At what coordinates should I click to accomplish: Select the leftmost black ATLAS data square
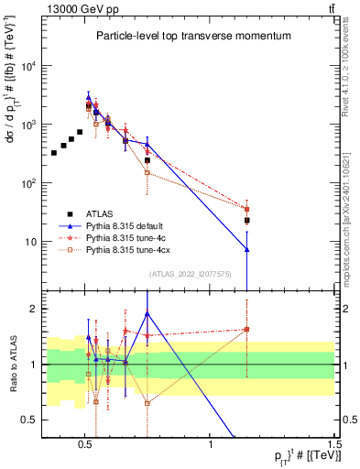[54, 152]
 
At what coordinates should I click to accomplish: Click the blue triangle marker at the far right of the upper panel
[246, 249]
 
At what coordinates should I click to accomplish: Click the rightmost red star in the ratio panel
[246, 330]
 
